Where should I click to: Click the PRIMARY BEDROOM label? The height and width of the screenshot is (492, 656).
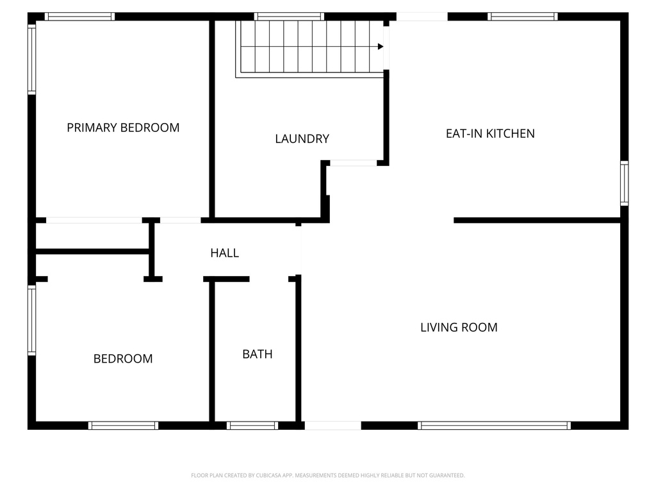tap(123, 127)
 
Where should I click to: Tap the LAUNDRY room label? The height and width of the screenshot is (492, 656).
tap(302, 139)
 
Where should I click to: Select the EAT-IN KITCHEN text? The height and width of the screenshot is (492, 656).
tap(490, 133)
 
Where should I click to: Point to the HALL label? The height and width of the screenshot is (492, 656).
tap(225, 252)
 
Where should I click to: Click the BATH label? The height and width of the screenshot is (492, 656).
tap(258, 354)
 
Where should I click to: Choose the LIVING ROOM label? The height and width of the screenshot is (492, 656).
tap(459, 327)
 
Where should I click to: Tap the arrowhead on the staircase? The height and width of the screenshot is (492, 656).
tap(381, 46)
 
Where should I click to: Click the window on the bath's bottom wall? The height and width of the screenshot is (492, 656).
tap(252, 425)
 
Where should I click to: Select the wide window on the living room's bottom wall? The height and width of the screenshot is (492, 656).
tap(494, 425)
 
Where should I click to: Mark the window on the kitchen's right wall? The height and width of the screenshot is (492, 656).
tap(624, 183)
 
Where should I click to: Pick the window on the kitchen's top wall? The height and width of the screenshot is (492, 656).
tap(523, 16)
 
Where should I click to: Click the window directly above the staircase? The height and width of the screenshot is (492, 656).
tap(289, 16)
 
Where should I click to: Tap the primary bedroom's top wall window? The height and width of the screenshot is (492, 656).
tap(80, 16)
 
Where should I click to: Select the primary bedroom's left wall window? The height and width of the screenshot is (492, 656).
tap(32, 59)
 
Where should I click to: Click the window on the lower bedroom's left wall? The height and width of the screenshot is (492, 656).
tap(32, 320)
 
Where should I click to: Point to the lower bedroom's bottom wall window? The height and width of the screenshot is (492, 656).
tap(124, 425)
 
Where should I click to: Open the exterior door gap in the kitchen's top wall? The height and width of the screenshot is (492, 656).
tap(422, 16)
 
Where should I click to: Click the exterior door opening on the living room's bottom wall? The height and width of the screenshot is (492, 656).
tap(333, 425)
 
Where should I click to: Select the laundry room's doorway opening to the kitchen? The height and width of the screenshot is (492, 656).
tap(354, 163)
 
